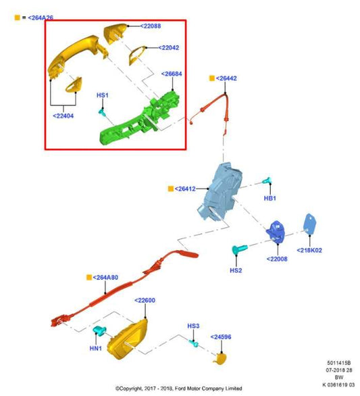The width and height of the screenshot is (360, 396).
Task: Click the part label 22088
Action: click(x=151, y=26)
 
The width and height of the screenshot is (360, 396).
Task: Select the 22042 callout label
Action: click(x=169, y=48)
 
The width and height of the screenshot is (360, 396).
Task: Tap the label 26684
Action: click(x=172, y=74)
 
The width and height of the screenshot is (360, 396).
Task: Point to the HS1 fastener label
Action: click(x=103, y=95)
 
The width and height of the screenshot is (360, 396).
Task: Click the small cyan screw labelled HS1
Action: click(x=102, y=112)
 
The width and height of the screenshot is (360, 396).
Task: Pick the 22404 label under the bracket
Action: click(x=63, y=116)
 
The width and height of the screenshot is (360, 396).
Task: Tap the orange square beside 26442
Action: click(x=212, y=78)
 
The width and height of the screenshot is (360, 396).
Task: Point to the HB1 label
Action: click(x=270, y=198)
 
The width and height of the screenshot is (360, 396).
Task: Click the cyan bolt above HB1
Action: click(x=267, y=180)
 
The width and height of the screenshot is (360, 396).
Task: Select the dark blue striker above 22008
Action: click(x=276, y=232)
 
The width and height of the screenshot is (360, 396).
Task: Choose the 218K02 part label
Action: click(x=309, y=250)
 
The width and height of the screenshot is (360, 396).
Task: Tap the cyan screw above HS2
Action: click(x=240, y=249)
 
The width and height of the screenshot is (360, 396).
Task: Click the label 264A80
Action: click(x=105, y=277)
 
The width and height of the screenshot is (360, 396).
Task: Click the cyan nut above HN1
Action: click(x=100, y=331)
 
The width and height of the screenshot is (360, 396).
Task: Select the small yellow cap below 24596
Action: click(x=220, y=359)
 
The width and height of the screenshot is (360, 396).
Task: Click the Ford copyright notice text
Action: click(x=179, y=388)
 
